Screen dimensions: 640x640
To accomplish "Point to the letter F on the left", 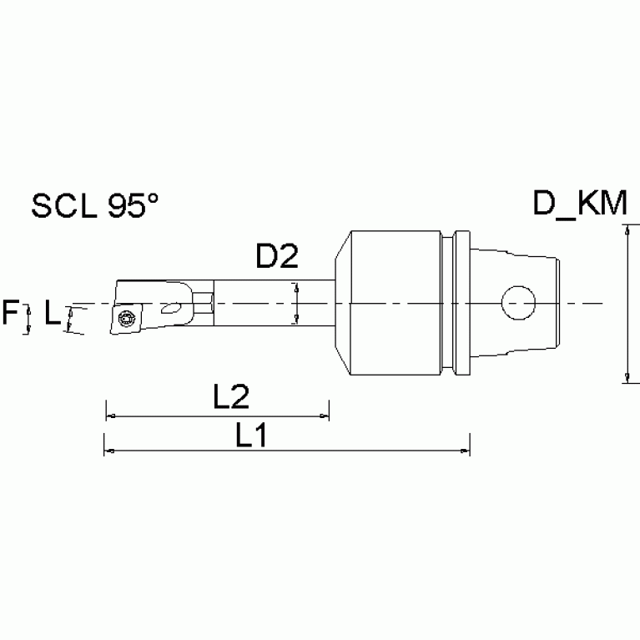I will [x=11, y=315].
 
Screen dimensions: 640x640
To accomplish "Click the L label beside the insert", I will [x=52, y=314].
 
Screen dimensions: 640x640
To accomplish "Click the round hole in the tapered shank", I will [x=517, y=302].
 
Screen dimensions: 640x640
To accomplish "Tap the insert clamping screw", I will [x=126, y=318].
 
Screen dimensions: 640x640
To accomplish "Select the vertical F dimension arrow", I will [x=28, y=318].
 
